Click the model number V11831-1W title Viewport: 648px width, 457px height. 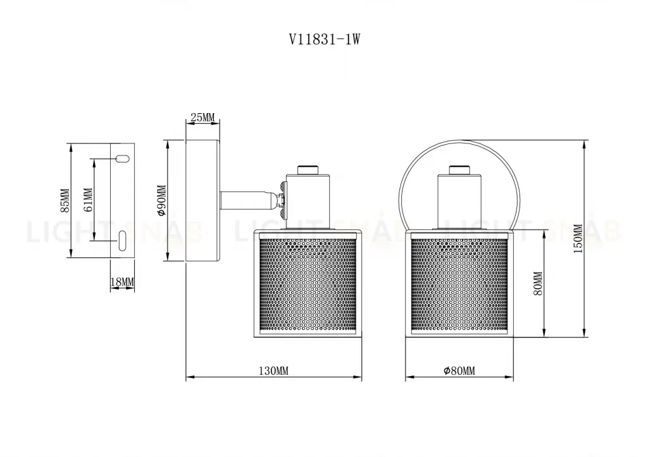point(324,39)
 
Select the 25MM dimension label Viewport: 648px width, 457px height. point(202,118)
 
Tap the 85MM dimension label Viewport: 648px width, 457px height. point(64,201)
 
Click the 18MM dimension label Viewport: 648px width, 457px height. point(121,281)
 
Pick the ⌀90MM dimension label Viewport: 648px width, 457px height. point(161,201)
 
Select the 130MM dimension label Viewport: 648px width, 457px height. point(273,371)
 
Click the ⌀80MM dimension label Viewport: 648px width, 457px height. point(459,371)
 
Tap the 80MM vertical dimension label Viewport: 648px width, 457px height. point(539,284)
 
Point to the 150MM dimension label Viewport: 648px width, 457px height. point(577,239)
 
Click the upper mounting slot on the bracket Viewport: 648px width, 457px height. point(121,158)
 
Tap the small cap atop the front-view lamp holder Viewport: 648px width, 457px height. point(460,169)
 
